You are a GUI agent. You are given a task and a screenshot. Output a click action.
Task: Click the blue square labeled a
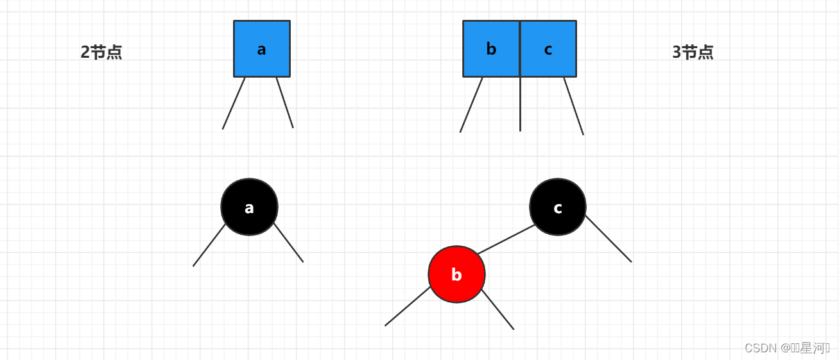(261, 49)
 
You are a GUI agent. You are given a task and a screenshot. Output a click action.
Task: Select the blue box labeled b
(491, 49)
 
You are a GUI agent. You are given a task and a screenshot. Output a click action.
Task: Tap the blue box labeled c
(548, 49)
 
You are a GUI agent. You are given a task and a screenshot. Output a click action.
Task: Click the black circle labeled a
(249, 207)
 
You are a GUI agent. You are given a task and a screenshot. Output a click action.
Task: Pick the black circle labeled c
(557, 207)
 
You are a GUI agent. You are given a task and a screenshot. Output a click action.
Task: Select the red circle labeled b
(456, 275)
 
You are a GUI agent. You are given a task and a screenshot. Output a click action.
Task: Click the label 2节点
(101, 53)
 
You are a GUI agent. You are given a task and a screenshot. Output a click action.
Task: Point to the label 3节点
(693, 53)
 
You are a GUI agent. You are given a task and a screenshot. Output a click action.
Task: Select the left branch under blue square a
(234, 103)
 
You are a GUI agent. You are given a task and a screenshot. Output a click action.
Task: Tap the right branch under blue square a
(285, 103)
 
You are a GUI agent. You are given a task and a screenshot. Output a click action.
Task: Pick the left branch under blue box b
(471, 105)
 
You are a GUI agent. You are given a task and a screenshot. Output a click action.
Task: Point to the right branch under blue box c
(574, 107)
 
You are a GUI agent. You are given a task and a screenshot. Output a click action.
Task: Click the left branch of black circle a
(209, 245)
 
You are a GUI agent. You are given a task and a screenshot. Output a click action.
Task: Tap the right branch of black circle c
(608, 238)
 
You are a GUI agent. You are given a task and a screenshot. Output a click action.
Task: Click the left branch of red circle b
(408, 306)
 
